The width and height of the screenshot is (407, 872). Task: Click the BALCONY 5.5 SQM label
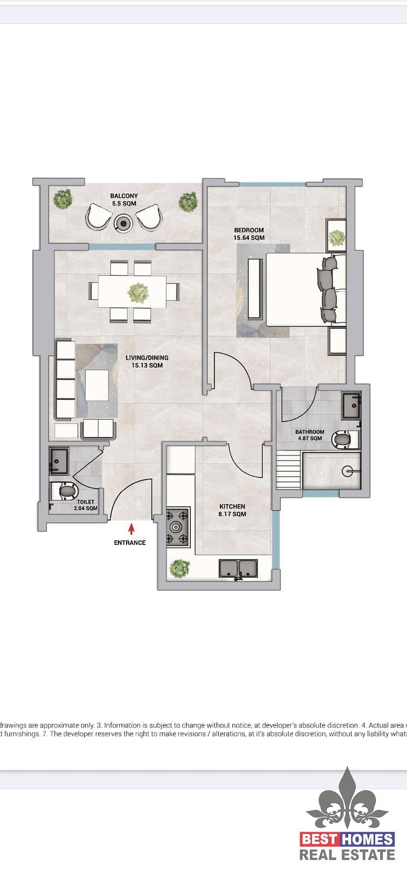(124, 199)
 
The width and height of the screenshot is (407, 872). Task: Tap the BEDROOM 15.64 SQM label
(249, 234)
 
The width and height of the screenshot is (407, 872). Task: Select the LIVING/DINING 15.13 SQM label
(147, 361)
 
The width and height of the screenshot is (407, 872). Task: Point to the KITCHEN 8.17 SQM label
(232, 510)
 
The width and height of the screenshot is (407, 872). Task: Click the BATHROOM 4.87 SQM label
(310, 435)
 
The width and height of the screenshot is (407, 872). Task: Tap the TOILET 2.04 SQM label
(86, 505)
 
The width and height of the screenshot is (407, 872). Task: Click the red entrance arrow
(132, 528)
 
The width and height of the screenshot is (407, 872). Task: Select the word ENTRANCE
(130, 543)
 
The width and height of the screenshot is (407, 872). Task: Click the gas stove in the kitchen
(178, 527)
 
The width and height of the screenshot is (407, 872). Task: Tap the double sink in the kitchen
(238, 569)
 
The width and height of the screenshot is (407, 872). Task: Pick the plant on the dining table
(138, 293)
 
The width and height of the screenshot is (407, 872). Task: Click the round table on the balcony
(124, 223)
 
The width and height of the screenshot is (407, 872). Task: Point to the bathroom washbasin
(351, 405)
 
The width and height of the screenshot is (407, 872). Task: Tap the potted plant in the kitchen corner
(179, 568)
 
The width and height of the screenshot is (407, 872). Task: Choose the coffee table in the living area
(97, 385)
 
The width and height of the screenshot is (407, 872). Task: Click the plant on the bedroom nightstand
(336, 238)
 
